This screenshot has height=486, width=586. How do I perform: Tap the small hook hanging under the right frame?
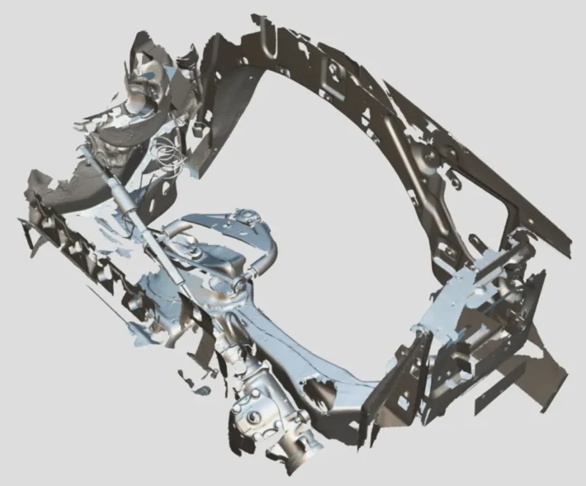tap(456, 183)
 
